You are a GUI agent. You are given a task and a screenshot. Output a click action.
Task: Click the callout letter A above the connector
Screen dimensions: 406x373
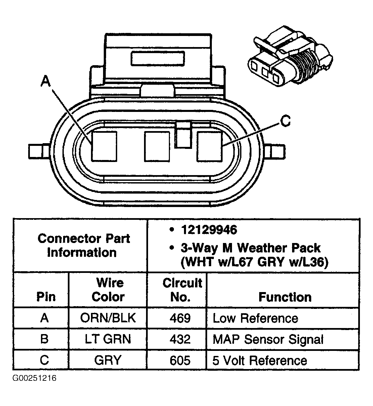45,82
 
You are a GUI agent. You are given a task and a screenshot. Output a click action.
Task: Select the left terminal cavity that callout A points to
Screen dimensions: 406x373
104,146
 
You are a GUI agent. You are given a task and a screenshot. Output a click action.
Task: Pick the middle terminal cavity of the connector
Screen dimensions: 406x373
157,146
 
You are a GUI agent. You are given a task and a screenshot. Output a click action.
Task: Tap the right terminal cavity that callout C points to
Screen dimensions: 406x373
209,146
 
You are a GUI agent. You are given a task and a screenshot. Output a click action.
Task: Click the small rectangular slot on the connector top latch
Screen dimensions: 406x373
158,58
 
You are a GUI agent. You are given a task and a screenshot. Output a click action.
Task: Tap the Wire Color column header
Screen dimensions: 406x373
108,290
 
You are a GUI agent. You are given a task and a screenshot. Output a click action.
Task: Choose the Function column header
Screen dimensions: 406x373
285,297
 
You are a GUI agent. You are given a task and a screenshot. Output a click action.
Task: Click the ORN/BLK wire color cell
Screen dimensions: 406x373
108,318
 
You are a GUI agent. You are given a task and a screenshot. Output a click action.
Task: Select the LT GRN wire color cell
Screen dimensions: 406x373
108,339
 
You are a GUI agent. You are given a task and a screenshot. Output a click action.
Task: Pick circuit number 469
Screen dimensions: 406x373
180,318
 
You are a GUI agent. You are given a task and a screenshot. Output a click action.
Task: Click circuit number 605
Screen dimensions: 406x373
180,361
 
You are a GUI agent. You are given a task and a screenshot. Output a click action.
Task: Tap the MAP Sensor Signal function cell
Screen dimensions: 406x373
268,339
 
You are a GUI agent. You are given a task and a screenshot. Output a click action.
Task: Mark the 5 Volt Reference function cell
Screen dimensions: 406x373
260,361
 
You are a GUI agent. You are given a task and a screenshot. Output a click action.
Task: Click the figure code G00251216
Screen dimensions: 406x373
35,378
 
